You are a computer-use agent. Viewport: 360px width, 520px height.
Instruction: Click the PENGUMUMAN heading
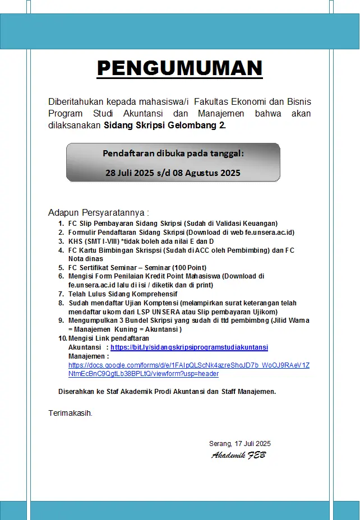coord(179,68)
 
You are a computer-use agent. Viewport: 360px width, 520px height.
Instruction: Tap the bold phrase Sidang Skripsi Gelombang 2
coord(165,126)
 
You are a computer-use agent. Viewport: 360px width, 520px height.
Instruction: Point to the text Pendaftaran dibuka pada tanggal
coord(173,154)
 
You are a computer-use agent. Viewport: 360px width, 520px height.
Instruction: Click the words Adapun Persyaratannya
coord(99,213)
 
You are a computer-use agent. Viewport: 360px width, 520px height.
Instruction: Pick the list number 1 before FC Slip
coord(61,223)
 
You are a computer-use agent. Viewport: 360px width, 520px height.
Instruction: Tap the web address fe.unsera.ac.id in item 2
coord(265,232)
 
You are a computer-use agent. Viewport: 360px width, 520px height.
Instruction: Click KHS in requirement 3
coord(75,241)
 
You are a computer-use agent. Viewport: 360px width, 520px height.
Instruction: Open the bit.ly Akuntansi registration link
coord(189,347)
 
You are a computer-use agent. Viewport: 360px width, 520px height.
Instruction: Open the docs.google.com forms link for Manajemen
coord(188,369)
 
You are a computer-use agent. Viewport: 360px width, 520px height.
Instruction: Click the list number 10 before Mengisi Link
coord(62,338)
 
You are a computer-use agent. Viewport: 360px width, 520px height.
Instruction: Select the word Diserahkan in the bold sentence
coord(76,392)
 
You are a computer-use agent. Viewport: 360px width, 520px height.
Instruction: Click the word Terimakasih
coord(70,414)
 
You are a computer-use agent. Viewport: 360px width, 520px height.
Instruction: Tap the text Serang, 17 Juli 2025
coord(239,444)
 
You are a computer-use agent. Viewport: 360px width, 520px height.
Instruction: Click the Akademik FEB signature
coord(238,455)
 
